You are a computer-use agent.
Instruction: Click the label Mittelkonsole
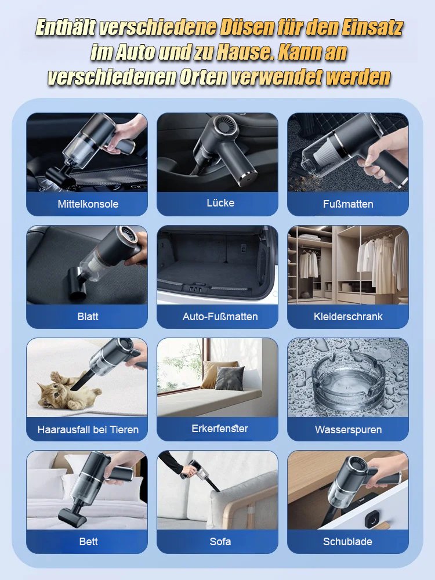88,204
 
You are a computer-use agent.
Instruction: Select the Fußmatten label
348,204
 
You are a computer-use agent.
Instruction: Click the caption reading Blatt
88,317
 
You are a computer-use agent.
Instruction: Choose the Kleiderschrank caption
348,317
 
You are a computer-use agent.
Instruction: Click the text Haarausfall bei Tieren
88,430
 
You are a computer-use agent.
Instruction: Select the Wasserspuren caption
348,430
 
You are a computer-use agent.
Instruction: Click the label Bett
88,542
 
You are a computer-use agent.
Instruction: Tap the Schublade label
348,542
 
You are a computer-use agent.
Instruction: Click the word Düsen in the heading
250,27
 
